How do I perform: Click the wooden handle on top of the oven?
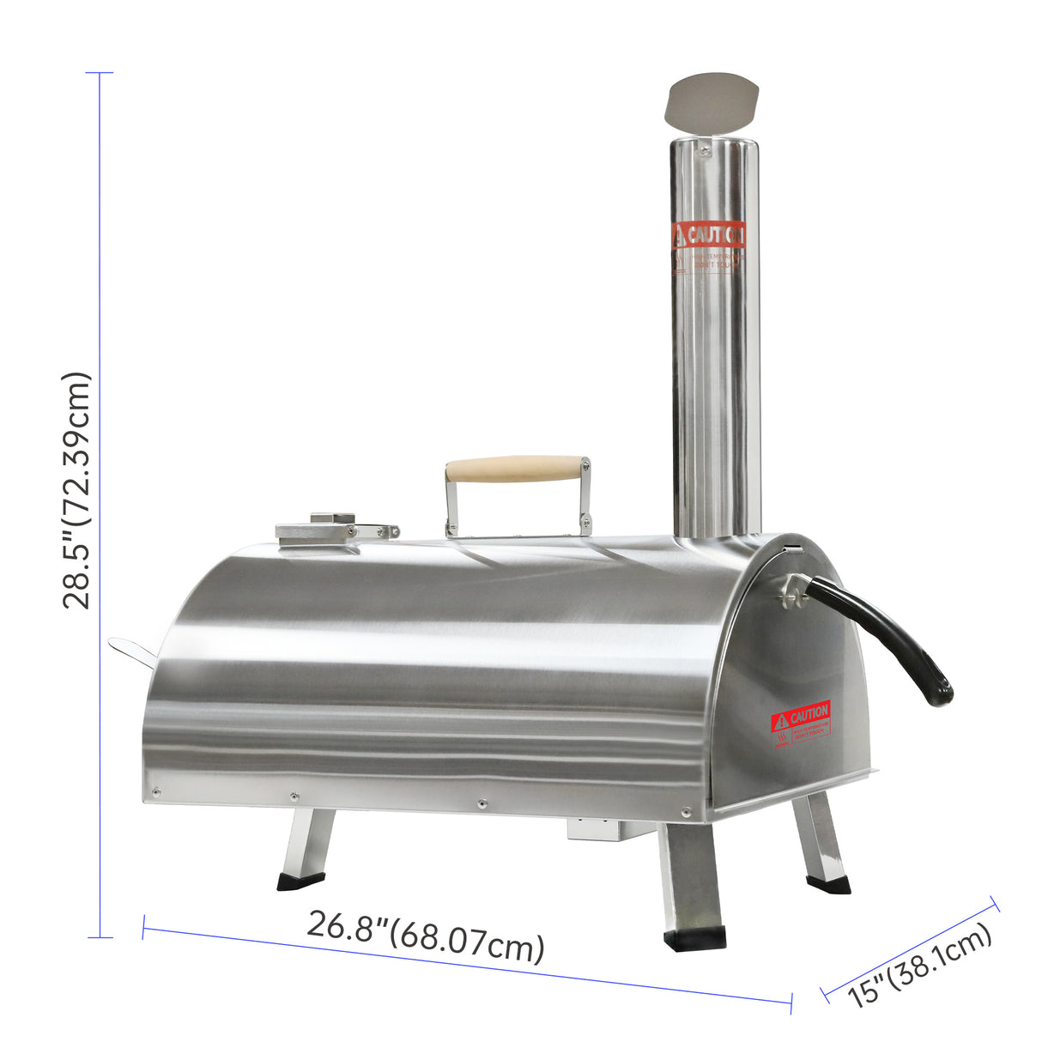point(515,469)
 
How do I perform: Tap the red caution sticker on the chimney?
point(709,233)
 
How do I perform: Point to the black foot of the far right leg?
point(828,883)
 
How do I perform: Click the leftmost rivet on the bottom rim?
point(155,792)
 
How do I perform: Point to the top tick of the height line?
point(100,73)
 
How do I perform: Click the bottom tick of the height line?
point(100,937)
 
